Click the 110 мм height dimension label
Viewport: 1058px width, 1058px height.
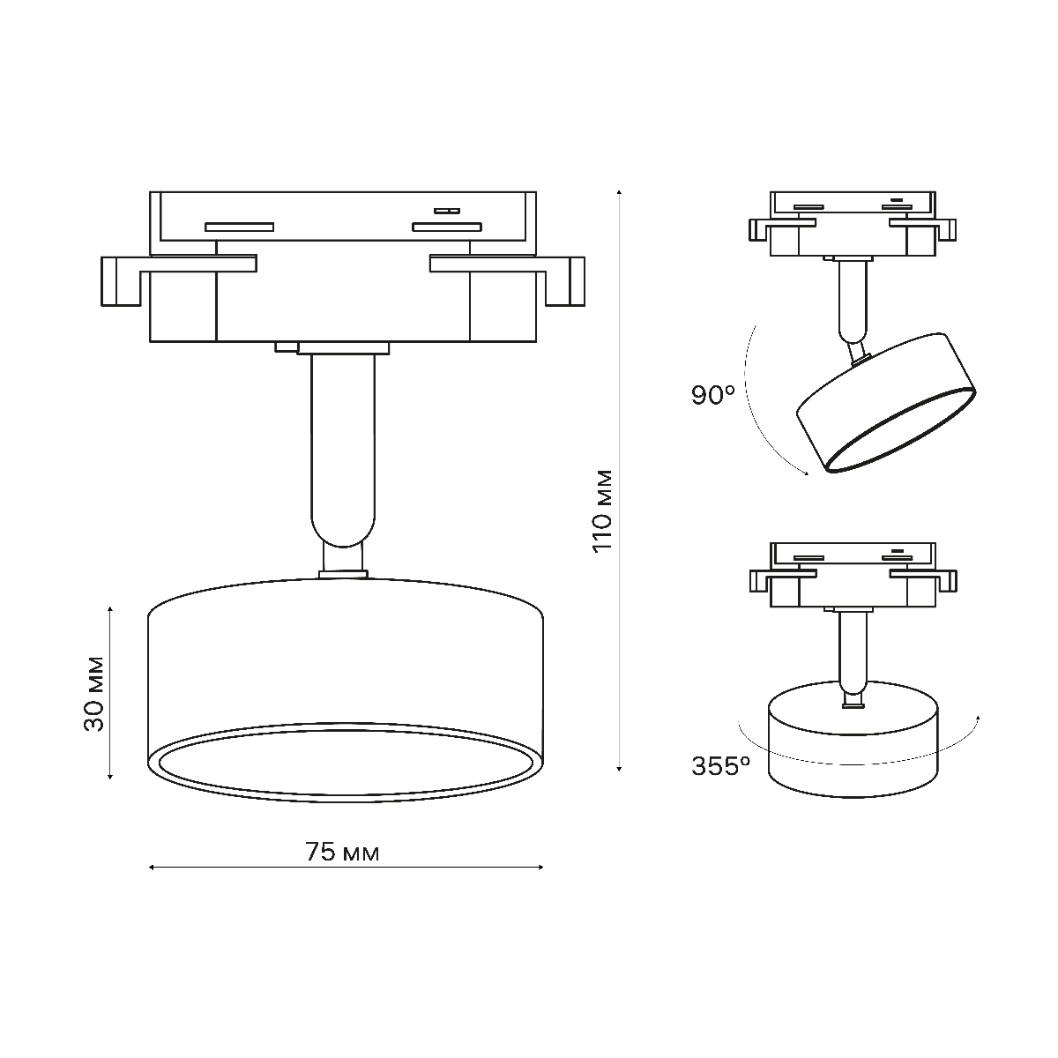coord(603,510)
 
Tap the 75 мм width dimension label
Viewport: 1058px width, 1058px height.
coord(342,853)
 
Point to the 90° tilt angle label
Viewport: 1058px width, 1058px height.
coord(713,395)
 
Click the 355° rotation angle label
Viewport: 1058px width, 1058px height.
coord(720,766)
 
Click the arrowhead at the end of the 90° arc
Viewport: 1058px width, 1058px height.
coord(804,473)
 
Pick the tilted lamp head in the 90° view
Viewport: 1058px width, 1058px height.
coord(885,402)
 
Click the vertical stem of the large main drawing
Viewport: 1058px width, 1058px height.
coord(342,441)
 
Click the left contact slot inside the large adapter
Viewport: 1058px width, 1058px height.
coord(239,227)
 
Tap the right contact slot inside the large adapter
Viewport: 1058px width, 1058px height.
coord(447,227)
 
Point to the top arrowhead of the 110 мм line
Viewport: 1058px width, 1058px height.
coord(620,191)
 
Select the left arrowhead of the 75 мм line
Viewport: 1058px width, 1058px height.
coord(152,868)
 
